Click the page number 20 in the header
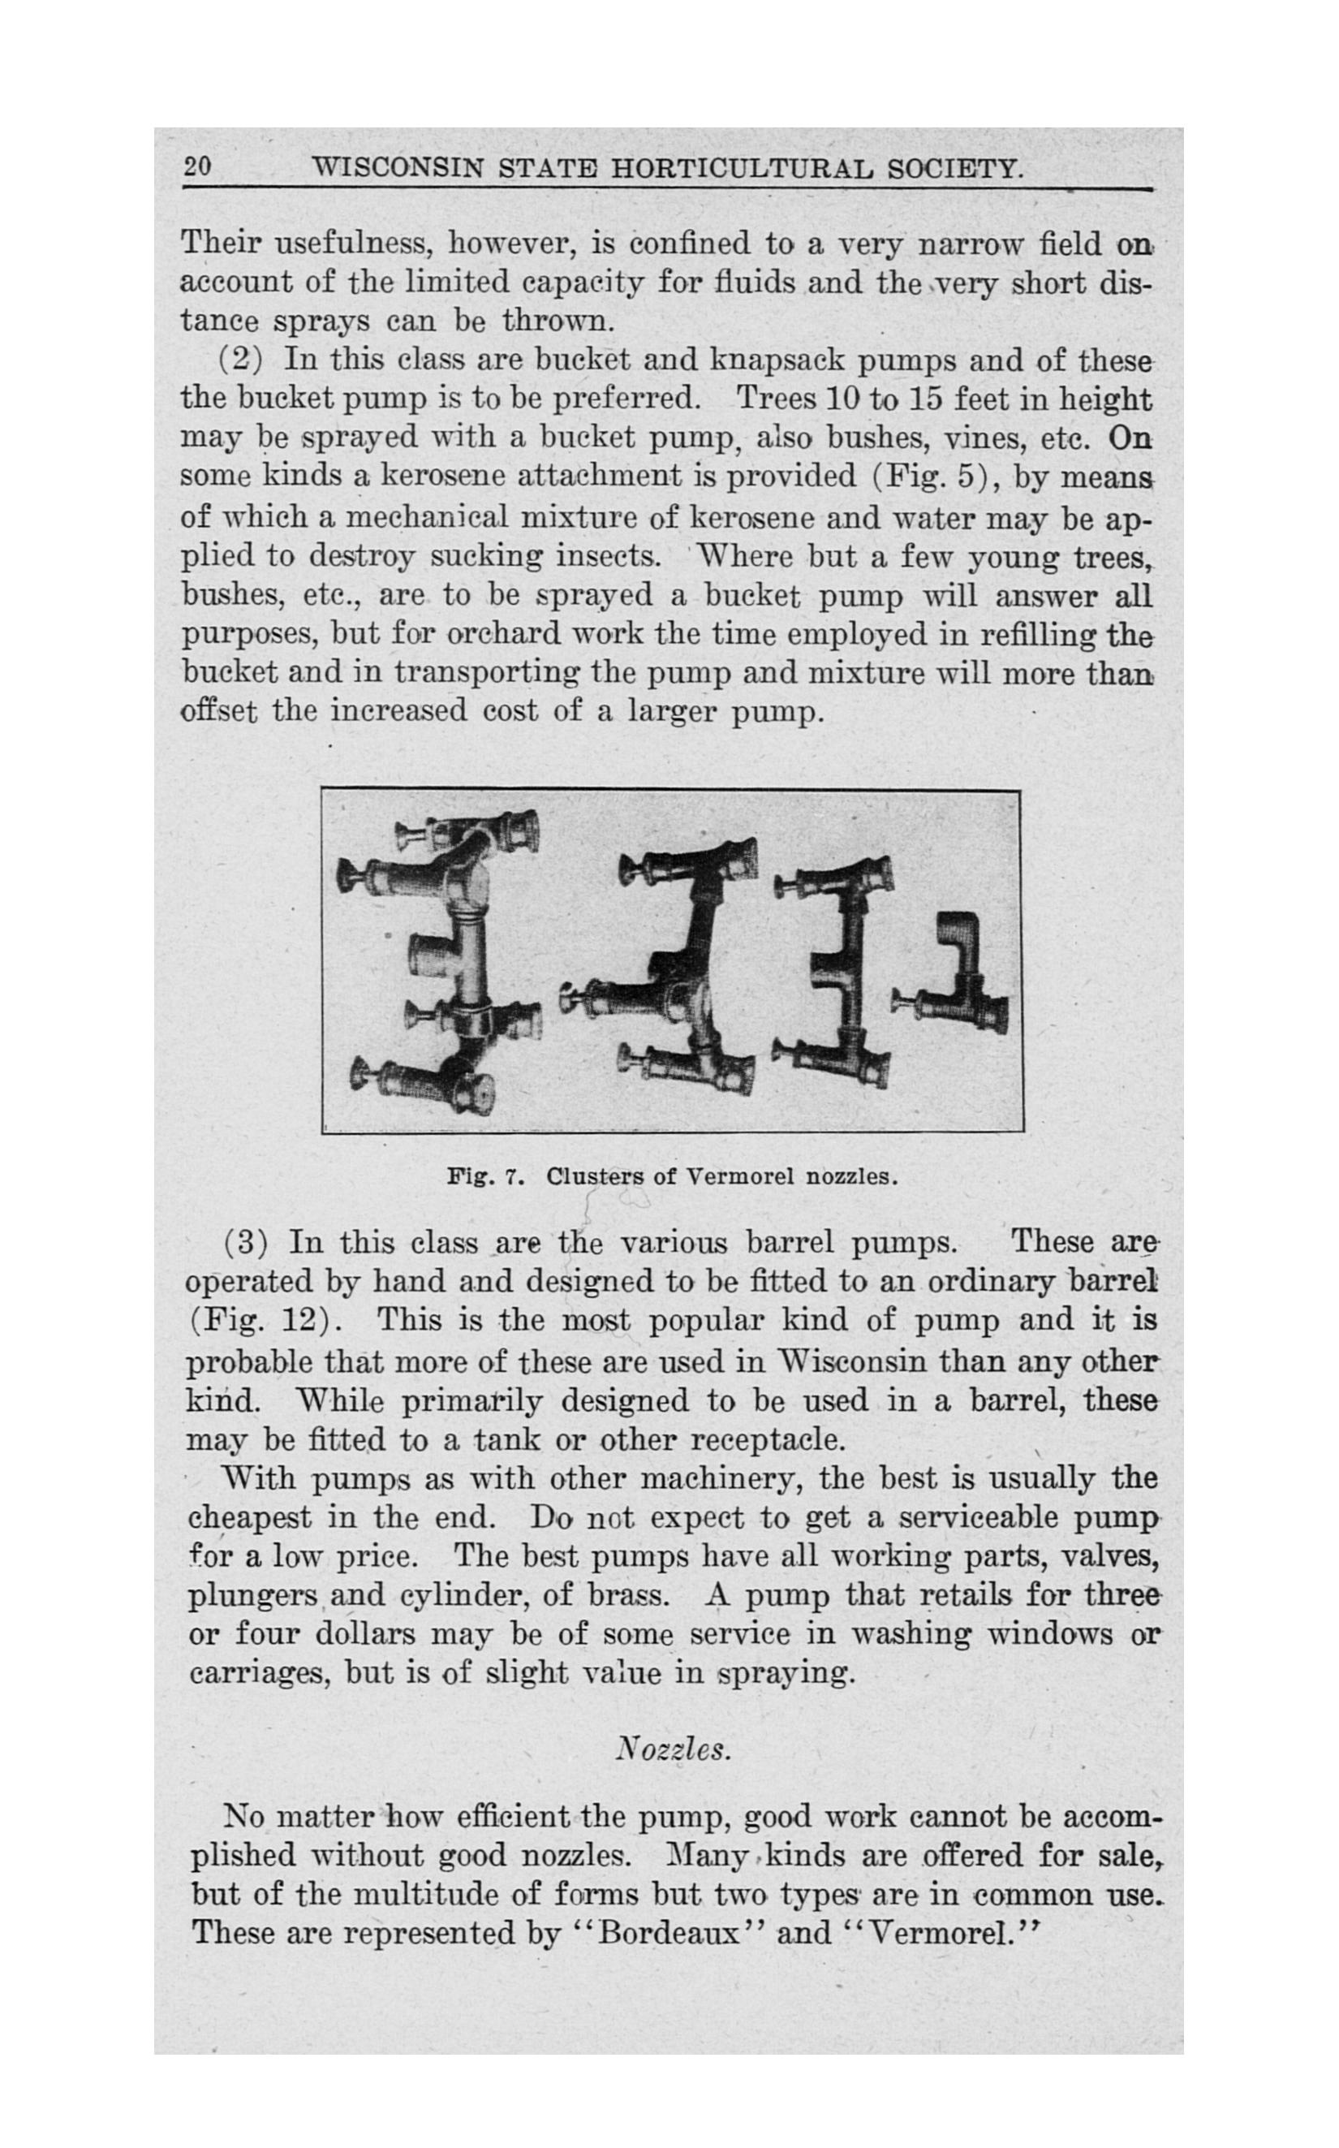click(x=196, y=166)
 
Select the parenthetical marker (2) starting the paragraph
click(x=239, y=360)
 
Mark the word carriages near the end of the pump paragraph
click(x=258, y=1673)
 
